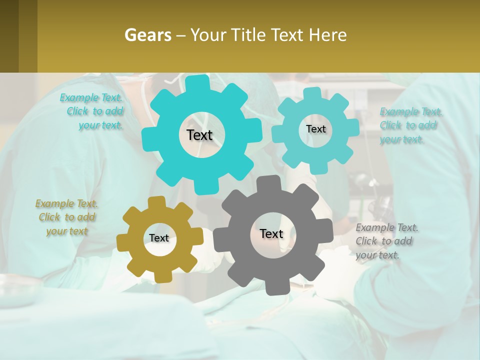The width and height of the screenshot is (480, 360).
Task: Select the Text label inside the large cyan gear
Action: coord(199,135)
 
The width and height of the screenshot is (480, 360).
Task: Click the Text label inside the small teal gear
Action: coord(315,129)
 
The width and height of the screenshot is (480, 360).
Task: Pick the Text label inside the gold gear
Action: coord(159,238)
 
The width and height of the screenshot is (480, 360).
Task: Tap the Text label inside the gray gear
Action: coord(271,234)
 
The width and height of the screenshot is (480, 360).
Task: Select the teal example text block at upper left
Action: coord(92,111)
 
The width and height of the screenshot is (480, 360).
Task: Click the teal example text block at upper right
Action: coord(410,125)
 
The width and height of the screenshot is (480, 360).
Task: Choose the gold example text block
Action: coord(66,217)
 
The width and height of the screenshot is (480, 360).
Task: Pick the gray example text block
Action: coord(386,241)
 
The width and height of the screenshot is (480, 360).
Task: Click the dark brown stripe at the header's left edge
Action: coord(9,36)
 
